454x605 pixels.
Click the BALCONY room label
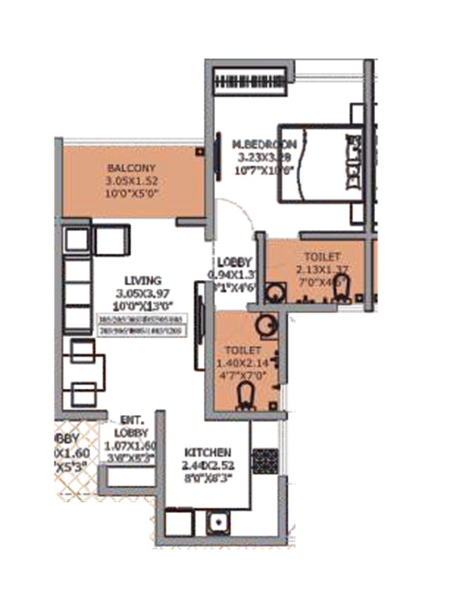pos(131,169)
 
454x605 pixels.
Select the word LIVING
pos(142,280)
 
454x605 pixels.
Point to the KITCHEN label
pos(208,453)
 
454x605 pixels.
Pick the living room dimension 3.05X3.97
pos(142,293)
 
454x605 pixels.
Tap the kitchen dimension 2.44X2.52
pos(208,465)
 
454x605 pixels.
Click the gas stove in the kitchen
pos(264,461)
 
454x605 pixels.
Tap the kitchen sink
pos(217,523)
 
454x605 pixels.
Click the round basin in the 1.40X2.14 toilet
pos(264,326)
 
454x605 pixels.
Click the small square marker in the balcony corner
pos(199,152)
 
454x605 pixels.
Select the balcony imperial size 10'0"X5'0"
pos(131,193)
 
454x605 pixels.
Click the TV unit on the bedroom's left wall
pos(218,156)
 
